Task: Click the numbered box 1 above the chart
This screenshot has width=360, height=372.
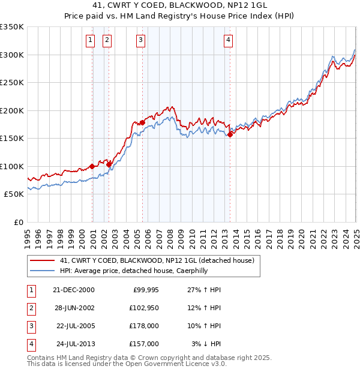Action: pyautogui.click(x=90, y=41)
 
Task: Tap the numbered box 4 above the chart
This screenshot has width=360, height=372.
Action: pyautogui.click(x=229, y=41)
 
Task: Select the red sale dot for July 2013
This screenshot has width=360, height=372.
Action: pyautogui.click(x=230, y=134)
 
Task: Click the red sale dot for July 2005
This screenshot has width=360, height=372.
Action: pyautogui.click(x=143, y=123)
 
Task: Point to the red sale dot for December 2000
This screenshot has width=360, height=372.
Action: pyautogui.click(x=92, y=166)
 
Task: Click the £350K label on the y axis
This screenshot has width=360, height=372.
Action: pyautogui.click(x=12, y=27)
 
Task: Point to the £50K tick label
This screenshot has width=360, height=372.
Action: pyautogui.click(x=14, y=194)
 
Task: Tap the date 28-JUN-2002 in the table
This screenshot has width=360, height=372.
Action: pyautogui.click(x=74, y=308)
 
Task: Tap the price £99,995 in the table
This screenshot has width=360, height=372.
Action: pyautogui.click(x=145, y=290)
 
